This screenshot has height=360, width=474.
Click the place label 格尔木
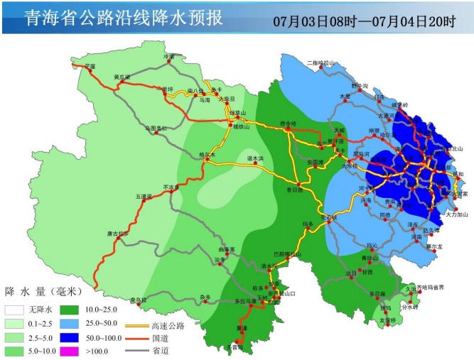tap(207, 154)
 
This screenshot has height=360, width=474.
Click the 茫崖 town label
tap(90, 66)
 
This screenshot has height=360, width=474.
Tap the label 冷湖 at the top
tap(168, 55)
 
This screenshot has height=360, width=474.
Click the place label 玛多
tap(308, 224)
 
